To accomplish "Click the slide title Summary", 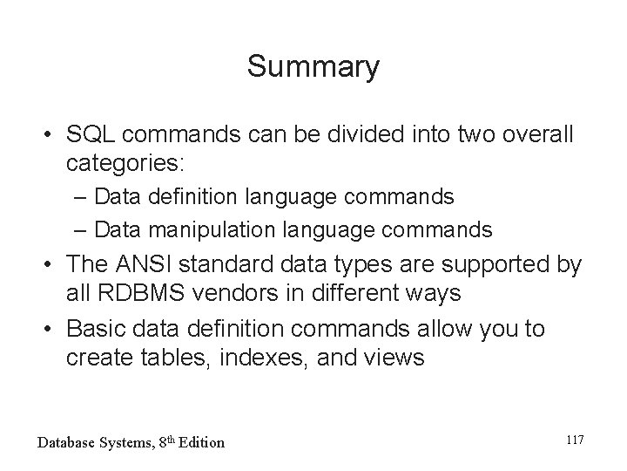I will [313, 66].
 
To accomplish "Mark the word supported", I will [484, 264].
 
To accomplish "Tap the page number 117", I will [573, 440].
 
